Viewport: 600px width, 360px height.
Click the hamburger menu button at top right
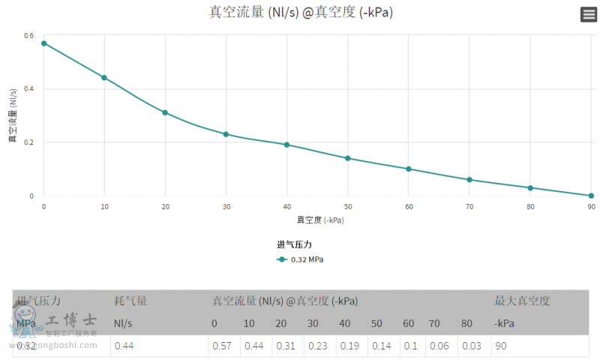(589, 14)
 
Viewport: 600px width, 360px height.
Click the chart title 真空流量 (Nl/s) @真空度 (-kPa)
(301, 13)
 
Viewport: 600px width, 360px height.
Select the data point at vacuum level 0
(43, 43)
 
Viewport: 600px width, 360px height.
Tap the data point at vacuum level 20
(165, 112)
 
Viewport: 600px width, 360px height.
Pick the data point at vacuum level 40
(286, 145)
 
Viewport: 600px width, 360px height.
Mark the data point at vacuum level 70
(469, 180)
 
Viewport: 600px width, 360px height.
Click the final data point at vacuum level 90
(591, 196)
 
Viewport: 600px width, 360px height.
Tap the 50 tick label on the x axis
(348, 206)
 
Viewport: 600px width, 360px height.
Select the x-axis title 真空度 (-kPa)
(320, 220)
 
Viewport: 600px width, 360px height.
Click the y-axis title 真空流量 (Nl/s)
(13, 115)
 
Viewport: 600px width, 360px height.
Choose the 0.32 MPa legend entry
(300, 259)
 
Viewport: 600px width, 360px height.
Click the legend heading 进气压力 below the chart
(294, 244)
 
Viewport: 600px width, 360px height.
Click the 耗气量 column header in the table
(130, 301)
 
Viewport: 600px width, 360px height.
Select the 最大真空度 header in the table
(522, 301)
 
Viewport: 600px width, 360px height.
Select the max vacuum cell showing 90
(500, 346)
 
